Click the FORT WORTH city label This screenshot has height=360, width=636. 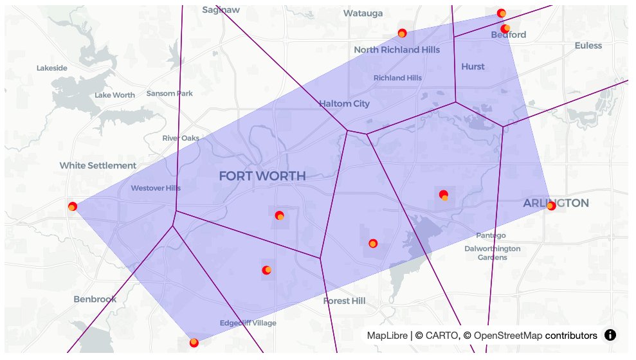coord(262,176)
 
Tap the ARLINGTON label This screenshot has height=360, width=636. coord(556,203)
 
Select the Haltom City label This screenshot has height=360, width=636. coord(345,104)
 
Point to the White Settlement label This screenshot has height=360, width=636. coord(98,165)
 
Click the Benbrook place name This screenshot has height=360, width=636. coord(95,299)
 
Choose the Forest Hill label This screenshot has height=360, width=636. coord(345,301)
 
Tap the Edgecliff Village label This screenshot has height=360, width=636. coord(248,323)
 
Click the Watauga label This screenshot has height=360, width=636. coord(363,13)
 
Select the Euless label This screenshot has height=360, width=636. coord(588,46)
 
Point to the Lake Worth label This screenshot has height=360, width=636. coord(114,95)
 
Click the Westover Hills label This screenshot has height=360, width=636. coord(156,188)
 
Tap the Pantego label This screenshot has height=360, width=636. coord(491,235)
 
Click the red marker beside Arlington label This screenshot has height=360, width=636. coord(550,206)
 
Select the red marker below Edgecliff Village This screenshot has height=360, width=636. coord(194,343)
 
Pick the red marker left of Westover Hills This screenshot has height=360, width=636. coord(72,206)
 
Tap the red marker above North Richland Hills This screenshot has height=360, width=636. coord(402,33)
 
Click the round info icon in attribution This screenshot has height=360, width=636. coord(610,335)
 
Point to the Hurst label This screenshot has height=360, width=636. coord(473,66)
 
